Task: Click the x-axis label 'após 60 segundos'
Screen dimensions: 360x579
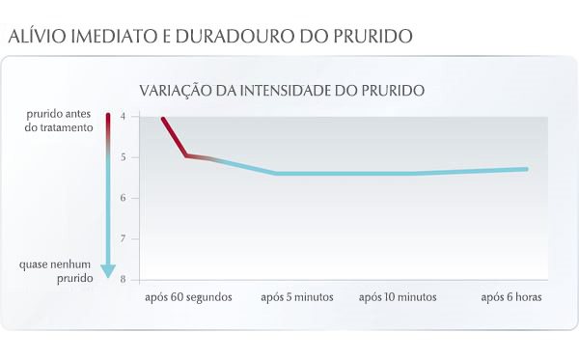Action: (188, 297)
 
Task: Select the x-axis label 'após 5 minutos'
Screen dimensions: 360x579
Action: (297, 297)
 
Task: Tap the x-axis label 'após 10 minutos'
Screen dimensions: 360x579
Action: (398, 297)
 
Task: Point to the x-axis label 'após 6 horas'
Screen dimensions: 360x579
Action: (511, 297)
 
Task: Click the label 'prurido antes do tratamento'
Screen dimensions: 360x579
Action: (59, 121)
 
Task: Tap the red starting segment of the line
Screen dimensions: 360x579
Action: (174, 136)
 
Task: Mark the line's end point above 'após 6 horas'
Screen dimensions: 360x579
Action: (527, 169)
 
